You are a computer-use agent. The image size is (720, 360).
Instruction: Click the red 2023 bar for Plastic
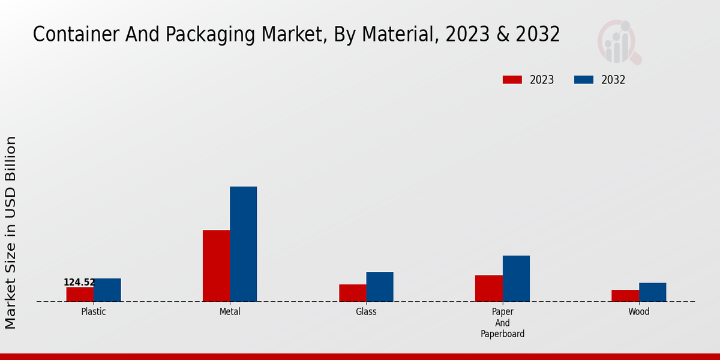coord(80,294)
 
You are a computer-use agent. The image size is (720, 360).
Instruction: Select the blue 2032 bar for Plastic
coord(107,290)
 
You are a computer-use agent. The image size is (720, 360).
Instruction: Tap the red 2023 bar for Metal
coord(216,266)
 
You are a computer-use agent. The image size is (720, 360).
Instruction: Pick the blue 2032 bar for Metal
coord(244,244)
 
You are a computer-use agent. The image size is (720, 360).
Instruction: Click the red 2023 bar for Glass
coord(353,293)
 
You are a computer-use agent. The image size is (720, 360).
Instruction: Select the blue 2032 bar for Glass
coord(380,287)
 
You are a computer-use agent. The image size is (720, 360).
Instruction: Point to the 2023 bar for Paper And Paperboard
coord(489,288)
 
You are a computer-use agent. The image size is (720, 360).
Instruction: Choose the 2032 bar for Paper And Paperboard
coord(516,278)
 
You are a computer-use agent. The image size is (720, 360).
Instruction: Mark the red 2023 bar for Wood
coord(625,295)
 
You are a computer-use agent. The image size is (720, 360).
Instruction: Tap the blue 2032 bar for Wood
coord(653,292)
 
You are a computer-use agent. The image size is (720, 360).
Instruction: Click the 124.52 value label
coord(79,283)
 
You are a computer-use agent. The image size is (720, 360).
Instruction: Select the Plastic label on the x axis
coord(94,312)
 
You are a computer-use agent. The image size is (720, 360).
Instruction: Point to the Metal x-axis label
coord(230,312)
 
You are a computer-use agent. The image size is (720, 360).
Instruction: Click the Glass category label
coord(366,312)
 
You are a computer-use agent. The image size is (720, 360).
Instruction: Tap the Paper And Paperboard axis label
coord(503,323)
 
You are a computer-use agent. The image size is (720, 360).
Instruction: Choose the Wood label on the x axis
coord(639,312)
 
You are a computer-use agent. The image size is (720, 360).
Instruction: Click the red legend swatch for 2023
coord(512,80)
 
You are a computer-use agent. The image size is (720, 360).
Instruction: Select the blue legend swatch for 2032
coord(584,80)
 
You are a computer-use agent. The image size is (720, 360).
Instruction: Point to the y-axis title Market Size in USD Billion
coord(11,232)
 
